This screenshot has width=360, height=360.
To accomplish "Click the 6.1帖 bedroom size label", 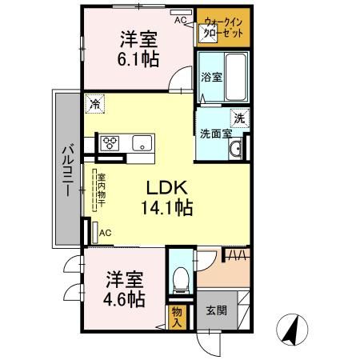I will pyautogui.click(x=138, y=59).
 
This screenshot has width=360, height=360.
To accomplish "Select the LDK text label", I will pyautogui.click(x=167, y=187).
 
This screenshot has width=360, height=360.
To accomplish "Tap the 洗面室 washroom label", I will pyautogui.click(x=214, y=134).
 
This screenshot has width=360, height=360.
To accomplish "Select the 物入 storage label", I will pyautogui.click(x=177, y=316).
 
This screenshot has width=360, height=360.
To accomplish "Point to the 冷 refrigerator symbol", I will pyautogui.click(x=95, y=103).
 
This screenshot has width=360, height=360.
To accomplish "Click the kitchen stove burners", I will pyautogui.click(x=110, y=143).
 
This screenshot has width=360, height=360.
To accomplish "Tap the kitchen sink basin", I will pyautogui.click(x=142, y=144).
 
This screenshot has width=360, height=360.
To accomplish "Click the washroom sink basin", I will pyautogui.click(x=236, y=150).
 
